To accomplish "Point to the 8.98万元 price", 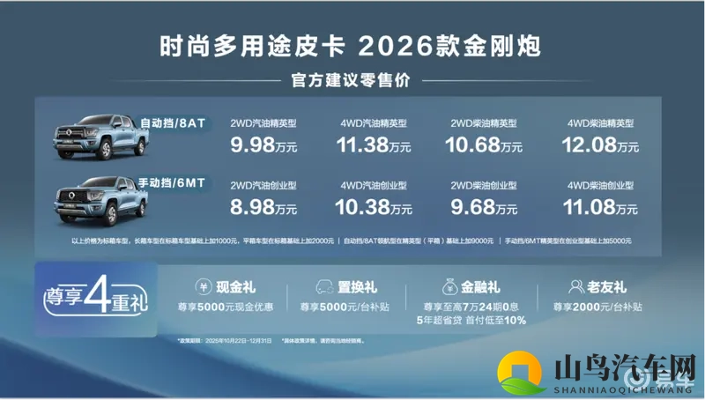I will tap(262, 209).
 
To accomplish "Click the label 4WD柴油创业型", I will tap(601, 187).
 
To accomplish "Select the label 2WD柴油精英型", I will tap(484, 123).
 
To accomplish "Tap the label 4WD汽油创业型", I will tap(373, 187).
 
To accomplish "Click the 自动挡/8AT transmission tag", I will tap(173, 123).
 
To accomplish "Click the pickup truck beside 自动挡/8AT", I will tap(92, 137).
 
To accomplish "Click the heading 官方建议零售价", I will tap(352, 81).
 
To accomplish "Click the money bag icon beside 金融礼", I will tap(445, 286).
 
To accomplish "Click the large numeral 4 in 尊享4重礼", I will tap(99, 298).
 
